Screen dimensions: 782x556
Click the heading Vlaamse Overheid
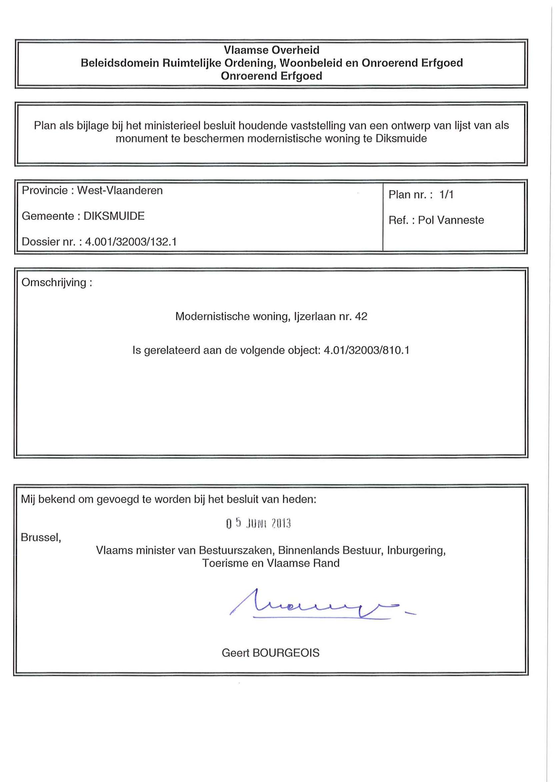(x=271, y=50)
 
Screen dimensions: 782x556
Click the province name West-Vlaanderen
(x=120, y=190)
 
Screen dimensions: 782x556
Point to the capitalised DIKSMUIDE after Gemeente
(x=114, y=216)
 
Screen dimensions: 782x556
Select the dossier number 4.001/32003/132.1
(x=131, y=242)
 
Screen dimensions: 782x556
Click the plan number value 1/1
(x=446, y=195)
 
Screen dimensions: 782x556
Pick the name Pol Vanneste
(x=451, y=220)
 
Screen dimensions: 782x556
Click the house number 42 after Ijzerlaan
(x=361, y=316)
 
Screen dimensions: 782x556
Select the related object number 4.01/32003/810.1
(x=366, y=350)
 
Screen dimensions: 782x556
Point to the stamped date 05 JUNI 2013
(x=258, y=523)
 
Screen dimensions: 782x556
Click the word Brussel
(x=40, y=538)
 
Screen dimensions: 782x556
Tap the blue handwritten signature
(x=318, y=607)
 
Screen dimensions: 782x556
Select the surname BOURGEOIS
(x=286, y=653)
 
